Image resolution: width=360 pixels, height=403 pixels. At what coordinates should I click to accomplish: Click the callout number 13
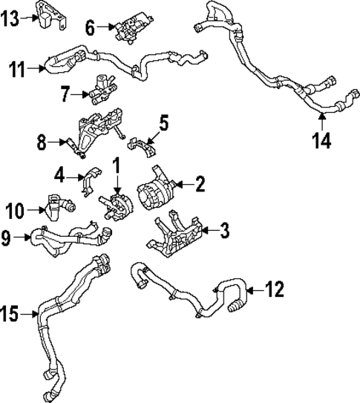12,18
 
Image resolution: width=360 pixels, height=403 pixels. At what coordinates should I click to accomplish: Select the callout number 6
91,28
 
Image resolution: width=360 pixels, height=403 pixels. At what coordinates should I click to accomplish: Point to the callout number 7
65,95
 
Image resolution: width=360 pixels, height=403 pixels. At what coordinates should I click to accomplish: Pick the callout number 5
164,119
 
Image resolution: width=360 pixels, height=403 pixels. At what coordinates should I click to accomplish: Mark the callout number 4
59,177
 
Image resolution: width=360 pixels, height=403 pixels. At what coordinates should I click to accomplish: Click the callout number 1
116,163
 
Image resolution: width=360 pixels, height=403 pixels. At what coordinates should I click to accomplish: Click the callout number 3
224,231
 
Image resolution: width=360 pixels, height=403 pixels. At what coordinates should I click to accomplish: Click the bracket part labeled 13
50,16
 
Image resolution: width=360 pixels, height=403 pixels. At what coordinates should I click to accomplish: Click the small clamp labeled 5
145,145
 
